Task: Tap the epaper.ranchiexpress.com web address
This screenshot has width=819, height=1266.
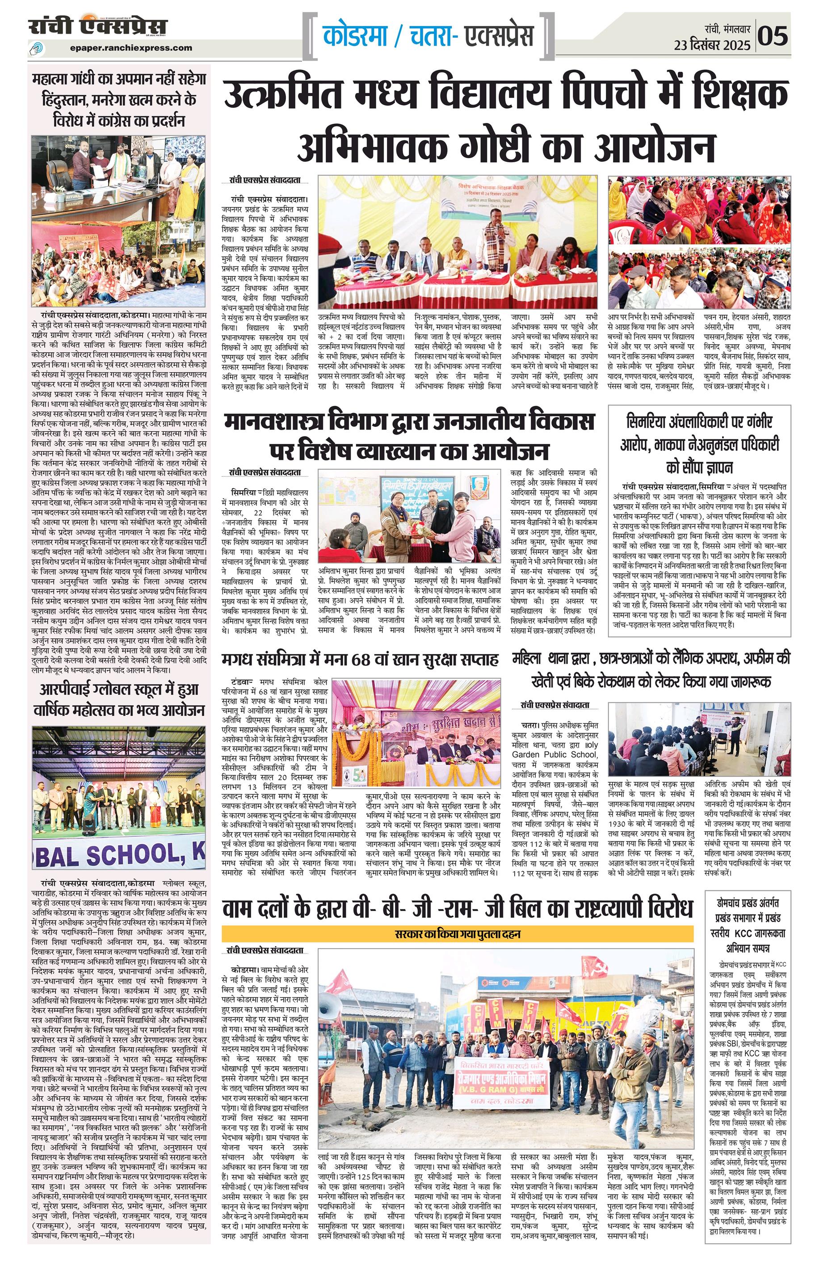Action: pos(131,47)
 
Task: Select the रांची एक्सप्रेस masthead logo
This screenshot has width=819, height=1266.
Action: pos(98,26)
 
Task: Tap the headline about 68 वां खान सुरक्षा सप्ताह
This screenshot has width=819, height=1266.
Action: pos(360,660)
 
